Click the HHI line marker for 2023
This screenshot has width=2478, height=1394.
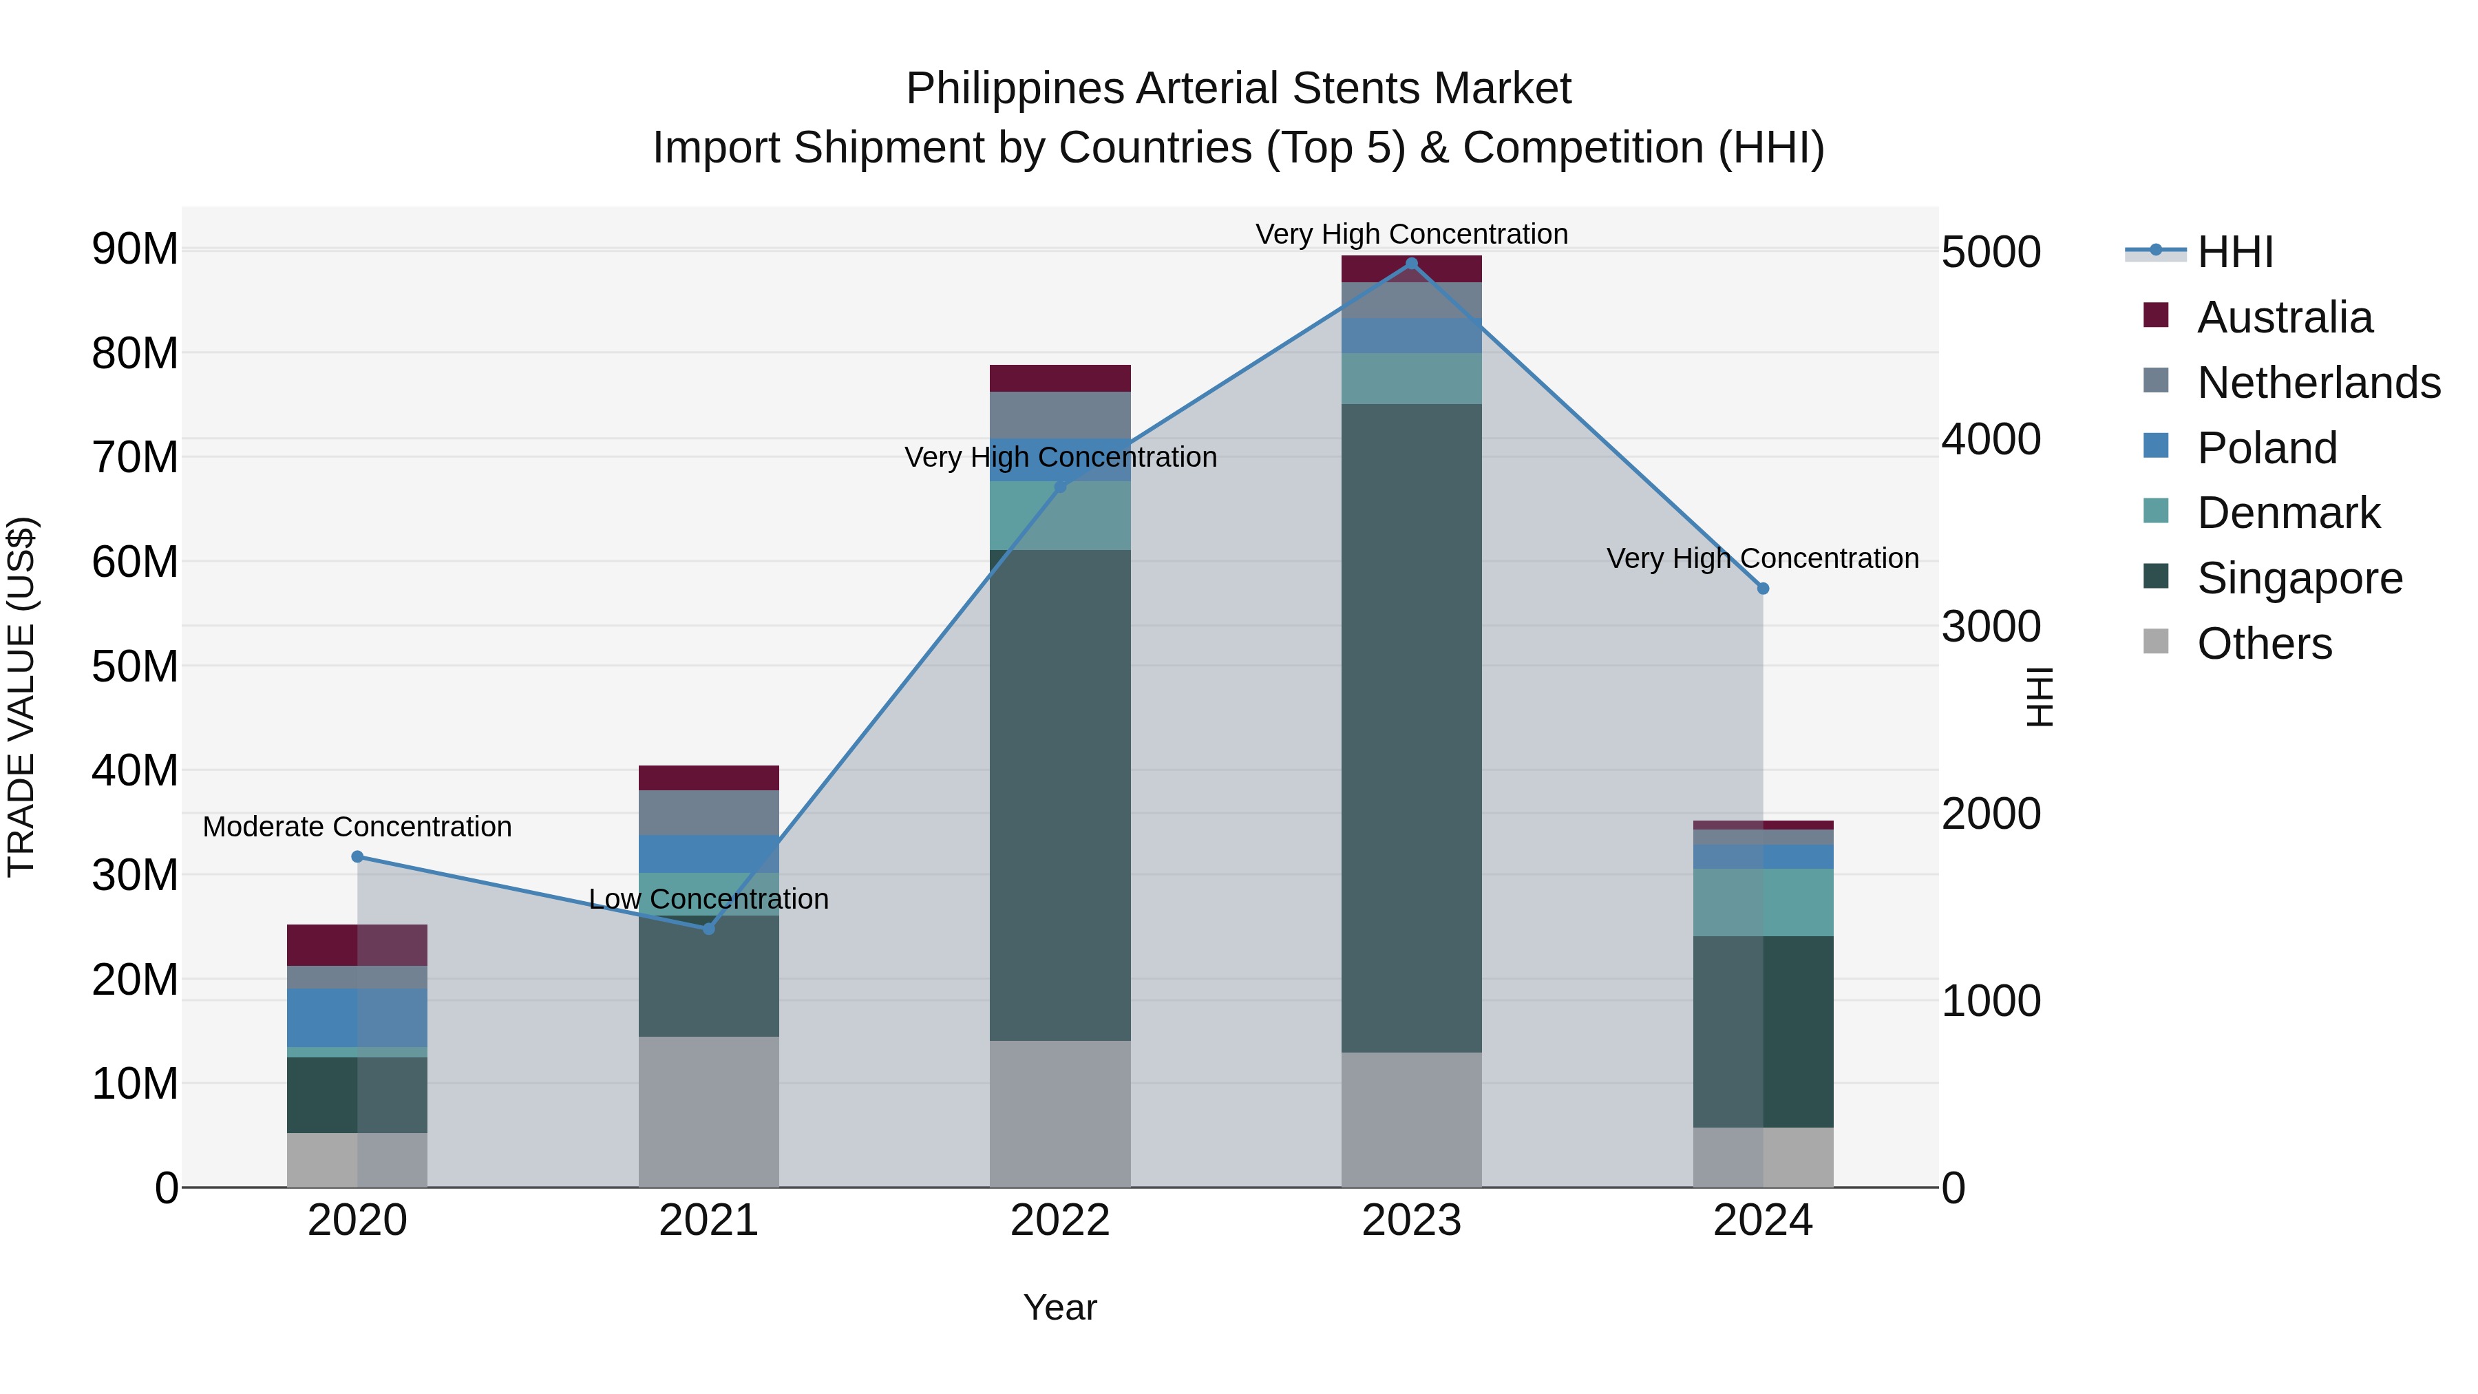coord(1411,264)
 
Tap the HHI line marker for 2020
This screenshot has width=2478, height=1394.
coord(357,856)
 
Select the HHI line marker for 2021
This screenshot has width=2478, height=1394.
coord(709,929)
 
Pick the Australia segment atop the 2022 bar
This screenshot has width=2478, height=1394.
coord(1060,378)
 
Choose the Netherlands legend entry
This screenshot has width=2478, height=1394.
coord(2318,383)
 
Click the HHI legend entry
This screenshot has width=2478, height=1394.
coord(2234,252)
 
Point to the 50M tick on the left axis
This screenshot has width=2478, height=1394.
coord(135,666)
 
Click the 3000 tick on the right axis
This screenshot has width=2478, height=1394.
coord(1990,626)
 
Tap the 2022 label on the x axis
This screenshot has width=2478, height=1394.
coord(1060,1221)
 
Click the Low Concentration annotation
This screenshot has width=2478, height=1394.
coord(709,898)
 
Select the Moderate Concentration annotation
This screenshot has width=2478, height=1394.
coord(357,826)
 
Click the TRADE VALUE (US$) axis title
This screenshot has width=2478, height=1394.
coord(21,697)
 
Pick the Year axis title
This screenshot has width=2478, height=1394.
coord(1060,1307)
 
